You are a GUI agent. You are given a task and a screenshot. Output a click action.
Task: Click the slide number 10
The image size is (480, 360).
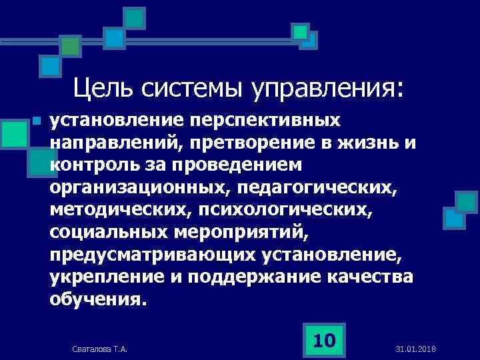[x=324, y=341]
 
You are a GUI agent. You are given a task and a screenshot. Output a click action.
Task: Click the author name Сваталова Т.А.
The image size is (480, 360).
[x=99, y=349]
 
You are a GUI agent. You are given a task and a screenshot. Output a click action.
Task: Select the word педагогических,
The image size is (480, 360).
[x=320, y=187]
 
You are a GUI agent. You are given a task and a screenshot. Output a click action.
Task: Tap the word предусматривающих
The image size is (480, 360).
[x=149, y=255]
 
